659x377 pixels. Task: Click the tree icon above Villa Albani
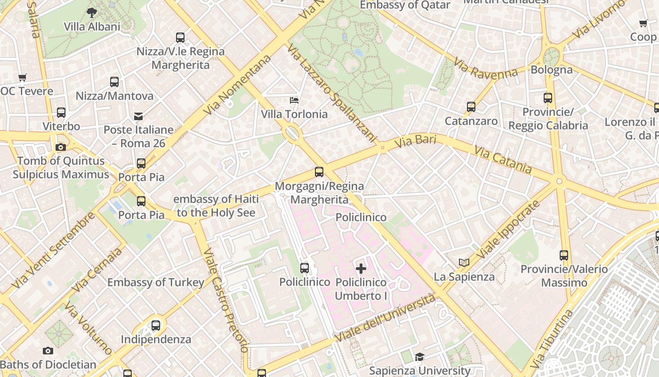92,13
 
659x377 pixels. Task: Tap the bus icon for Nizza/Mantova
114,82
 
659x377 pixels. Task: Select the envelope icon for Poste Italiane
138,116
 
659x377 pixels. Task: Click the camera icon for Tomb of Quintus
60,147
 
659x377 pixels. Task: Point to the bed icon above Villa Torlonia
294,100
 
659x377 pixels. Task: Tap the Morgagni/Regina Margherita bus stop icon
319,172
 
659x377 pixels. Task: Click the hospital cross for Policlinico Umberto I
361,269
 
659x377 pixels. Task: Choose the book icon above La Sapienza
464,262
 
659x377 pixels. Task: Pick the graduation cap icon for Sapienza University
419,357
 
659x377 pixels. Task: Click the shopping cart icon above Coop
643,23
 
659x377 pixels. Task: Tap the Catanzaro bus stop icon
471,107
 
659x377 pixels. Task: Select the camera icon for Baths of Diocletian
48,351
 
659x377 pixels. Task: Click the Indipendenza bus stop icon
156,325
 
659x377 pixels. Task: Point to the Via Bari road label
415,141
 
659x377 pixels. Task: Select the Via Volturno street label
88,328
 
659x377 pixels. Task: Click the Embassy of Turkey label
156,282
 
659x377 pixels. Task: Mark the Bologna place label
552,70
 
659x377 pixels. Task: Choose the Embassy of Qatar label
405,5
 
